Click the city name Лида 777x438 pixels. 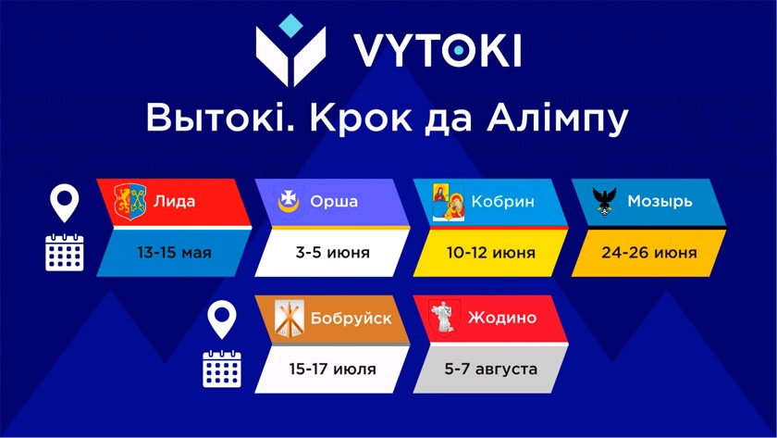(x=175, y=201)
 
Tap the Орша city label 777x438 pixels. (x=334, y=201)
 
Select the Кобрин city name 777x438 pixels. (x=502, y=201)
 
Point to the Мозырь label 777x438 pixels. (x=660, y=201)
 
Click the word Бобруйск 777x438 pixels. (x=351, y=318)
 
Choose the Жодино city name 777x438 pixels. (x=502, y=318)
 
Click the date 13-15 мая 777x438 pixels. (x=175, y=253)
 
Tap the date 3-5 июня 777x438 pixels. (x=332, y=253)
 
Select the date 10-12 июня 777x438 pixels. (x=490, y=253)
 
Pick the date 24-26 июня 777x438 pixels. (x=649, y=253)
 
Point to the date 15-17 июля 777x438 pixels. (x=332, y=369)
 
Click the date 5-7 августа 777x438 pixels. (x=490, y=369)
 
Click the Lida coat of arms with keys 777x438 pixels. (x=130, y=201)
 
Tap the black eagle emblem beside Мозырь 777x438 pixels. (x=604, y=202)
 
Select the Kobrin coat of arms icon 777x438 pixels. (x=449, y=202)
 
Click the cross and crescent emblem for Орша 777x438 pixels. (x=289, y=201)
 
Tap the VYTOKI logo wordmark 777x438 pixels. (x=437, y=50)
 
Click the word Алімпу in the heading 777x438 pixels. (x=558, y=118)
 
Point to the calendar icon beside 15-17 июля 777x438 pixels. (x=222, y=369)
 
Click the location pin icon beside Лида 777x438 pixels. (x=65, y=203)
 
